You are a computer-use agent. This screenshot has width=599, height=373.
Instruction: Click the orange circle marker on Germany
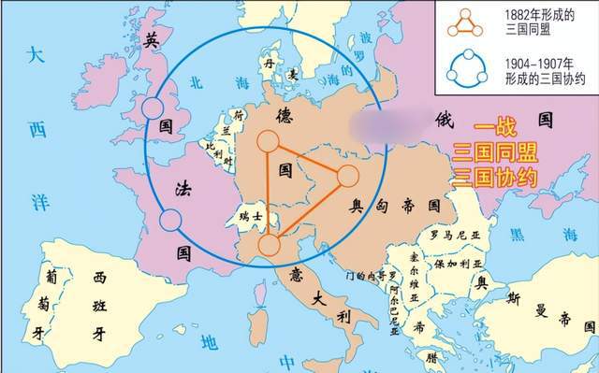(268, 142)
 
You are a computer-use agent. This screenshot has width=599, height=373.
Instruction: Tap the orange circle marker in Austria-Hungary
(346, 175)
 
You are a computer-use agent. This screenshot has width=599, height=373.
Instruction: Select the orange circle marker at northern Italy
(269, 246)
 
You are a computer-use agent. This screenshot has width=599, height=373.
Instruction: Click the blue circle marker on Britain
(153, 108)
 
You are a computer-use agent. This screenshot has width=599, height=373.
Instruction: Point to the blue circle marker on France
(170, 221)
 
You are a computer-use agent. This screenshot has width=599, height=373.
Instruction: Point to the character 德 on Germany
(285, 115)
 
